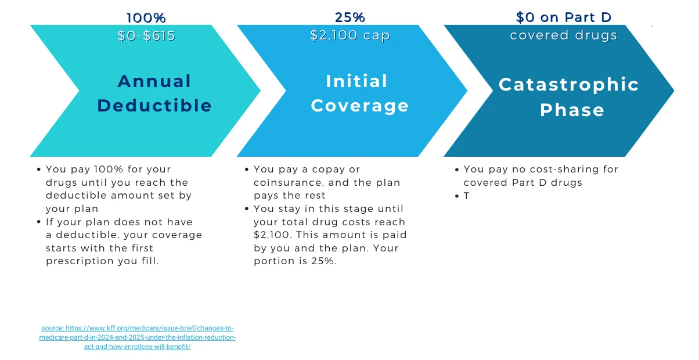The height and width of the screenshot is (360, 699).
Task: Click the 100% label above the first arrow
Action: pos(146,19)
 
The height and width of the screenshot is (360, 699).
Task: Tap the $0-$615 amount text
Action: pos(146,36)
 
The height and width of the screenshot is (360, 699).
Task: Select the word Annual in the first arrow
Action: pos(154,81)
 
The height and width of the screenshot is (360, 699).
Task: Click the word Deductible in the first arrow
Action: pos(154,106)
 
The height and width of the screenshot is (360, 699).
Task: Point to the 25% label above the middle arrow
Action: pos(350,18)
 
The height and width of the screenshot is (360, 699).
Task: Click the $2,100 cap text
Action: pos(350,36)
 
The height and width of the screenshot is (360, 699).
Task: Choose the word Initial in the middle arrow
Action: pos(356,81)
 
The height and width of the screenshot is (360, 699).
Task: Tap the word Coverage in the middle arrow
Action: pos(360,106)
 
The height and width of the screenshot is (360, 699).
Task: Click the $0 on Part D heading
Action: pos(564,18)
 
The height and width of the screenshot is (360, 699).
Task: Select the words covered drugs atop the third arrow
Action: pos(564,35)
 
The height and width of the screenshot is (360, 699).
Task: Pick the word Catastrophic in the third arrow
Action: pos(569,85)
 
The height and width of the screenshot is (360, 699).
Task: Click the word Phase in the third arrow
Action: pos(572,110)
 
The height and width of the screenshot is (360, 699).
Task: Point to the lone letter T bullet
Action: pos(466,196)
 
